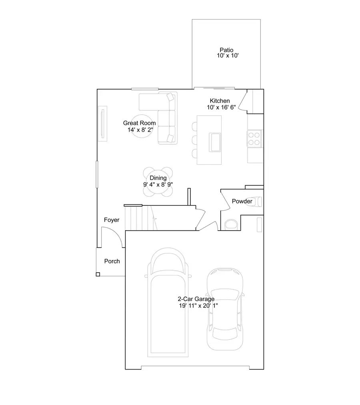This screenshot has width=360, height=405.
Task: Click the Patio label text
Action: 226,50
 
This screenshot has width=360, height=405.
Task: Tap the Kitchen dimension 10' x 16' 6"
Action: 221,107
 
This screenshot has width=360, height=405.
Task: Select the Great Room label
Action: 139,123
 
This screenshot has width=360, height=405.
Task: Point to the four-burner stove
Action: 254,138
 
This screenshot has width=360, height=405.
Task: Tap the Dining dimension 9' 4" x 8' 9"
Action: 158,184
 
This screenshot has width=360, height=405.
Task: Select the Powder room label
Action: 242,201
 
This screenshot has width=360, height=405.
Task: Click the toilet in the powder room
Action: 231,225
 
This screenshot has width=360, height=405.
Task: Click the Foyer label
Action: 112,220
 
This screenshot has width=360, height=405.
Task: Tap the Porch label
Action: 112,261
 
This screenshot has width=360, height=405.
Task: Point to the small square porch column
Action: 98,274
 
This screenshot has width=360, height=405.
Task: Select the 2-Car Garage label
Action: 196,299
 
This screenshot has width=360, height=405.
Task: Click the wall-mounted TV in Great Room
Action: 103,124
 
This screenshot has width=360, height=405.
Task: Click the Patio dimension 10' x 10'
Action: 227,56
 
